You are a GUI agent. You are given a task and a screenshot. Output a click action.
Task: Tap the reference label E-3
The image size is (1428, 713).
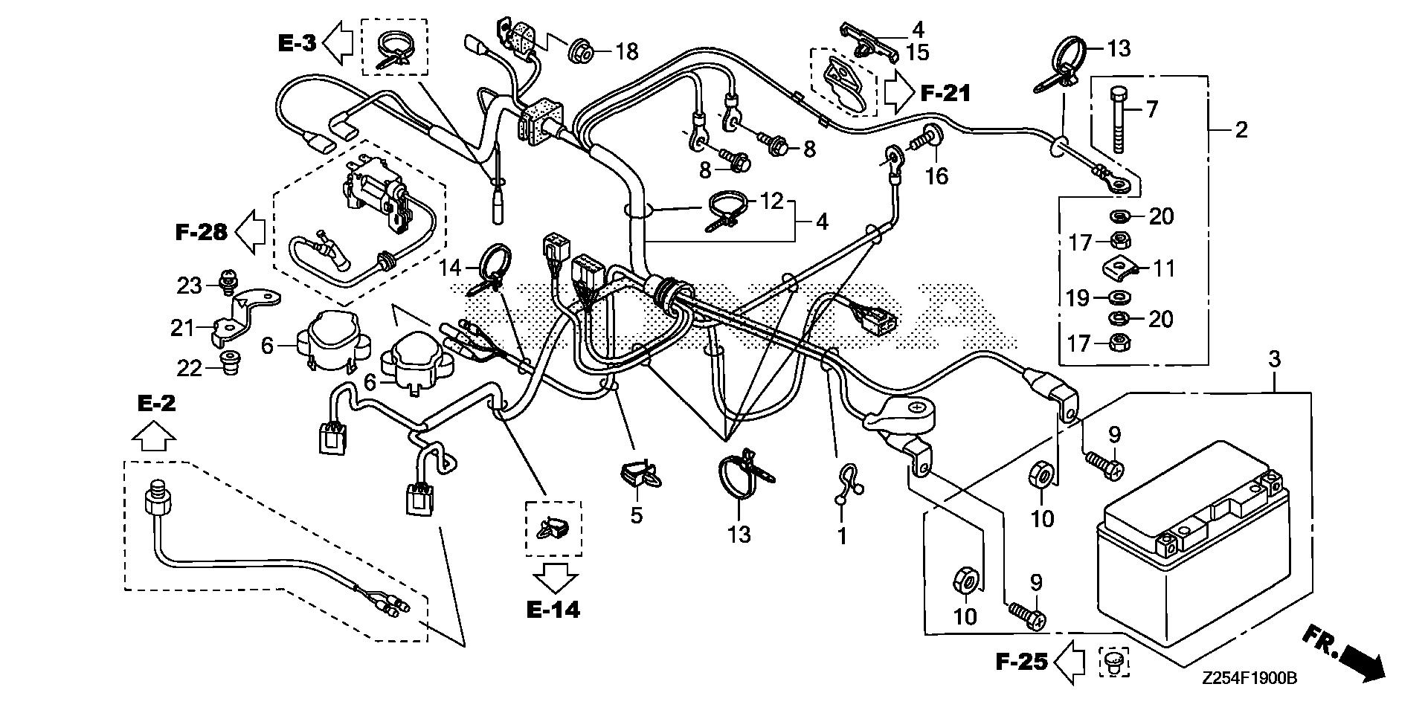pyautogui.click(x=297, y=43)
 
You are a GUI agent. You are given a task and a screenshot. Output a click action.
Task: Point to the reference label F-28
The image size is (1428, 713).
pyautogui.click(x=201, y=233)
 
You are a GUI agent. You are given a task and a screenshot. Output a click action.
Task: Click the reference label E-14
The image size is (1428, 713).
pyautogui.click(x=553, y=610)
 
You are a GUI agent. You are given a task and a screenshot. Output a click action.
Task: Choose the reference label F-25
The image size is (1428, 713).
pyautogui.click(x=1023, y=661)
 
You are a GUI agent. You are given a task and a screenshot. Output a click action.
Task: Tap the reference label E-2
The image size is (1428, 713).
pyautogui.click(x=157, y=404)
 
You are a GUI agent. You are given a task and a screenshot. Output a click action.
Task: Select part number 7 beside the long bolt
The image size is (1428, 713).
pyautogui.click(x=1152, y=110)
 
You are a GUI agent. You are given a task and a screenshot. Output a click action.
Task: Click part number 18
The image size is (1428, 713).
pyautogui.click(x=627, y=52)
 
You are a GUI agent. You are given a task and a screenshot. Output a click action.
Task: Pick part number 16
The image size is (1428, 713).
pyautogui.click(x=937, y=177)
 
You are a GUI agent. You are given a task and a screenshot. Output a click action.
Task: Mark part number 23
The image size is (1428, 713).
pyautogui.click(x=189, y=285)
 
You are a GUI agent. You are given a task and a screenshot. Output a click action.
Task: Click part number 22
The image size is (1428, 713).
pyautogui.click(x=189, y=367)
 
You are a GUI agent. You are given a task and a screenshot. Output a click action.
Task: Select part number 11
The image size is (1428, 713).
pyautogui.click(x=1163, y=268)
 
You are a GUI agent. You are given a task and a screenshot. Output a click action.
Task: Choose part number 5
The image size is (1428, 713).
pyautogui.click(x=637, y=514)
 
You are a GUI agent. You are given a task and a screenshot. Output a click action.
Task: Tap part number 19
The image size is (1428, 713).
pyautogui.click(x=1077, y=298)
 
